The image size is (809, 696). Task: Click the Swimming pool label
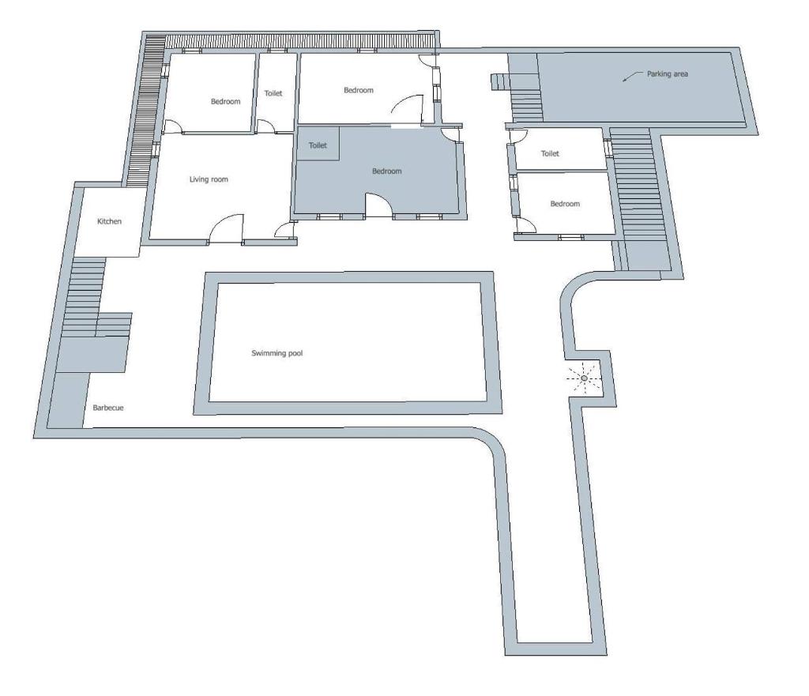277,353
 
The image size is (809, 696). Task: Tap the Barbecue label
108,408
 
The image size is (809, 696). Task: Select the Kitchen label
109,221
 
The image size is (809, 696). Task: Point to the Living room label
209,179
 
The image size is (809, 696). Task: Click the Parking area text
668,73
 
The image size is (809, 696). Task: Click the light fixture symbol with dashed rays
584,378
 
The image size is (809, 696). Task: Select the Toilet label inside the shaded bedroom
318,145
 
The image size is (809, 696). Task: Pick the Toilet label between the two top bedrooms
273,93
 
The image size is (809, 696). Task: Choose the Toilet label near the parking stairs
550,153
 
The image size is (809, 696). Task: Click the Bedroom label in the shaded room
387,171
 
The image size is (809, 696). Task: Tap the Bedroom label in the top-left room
225,102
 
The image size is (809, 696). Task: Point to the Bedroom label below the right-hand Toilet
565,204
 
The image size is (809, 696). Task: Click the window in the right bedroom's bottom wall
570,237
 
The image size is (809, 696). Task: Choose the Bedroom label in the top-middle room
359,90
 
